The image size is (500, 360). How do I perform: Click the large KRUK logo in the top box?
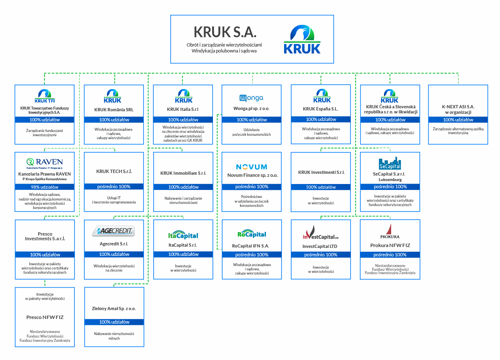tap(302, 39)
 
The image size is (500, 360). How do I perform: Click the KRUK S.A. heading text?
tap(225, 32)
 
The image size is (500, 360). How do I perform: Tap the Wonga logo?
tap(251, 98)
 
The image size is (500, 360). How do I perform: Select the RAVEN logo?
tap(44, 162)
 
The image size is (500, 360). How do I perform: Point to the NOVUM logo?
tap(251, 167)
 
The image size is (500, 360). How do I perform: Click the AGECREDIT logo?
tap(113, 231)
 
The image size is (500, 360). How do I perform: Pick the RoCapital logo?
tap(251, 234)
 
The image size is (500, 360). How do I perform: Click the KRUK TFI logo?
tap(44, 95)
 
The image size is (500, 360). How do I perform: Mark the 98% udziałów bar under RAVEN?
tap(44, 187)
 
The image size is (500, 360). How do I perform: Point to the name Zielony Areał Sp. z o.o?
tap(114, 308)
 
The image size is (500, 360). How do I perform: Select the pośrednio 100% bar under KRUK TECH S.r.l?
tap(114, 187)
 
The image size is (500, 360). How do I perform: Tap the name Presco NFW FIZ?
tap(44, 317)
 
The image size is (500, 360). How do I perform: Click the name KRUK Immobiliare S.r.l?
tap(183, 173)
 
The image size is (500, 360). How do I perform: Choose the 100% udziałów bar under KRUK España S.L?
tap(321, 119)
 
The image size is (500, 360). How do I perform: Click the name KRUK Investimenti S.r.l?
tap(321, 172)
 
